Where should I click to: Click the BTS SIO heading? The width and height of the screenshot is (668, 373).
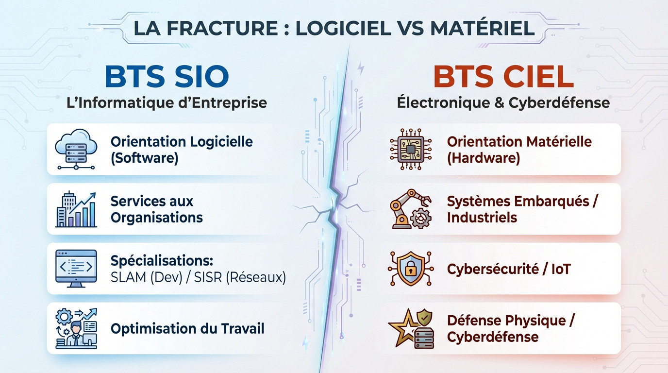167,77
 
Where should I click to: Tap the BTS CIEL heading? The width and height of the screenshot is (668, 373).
503,77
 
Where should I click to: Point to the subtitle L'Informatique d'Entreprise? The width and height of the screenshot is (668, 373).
167,102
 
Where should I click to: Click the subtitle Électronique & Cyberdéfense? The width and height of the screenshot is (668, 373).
503,102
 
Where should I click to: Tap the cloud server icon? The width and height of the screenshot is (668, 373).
76,149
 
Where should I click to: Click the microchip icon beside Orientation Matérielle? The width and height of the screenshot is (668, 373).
407,149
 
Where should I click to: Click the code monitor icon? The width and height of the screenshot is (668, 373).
76,269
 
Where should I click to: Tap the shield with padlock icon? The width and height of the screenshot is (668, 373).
407,269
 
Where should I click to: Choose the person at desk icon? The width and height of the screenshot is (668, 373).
76,328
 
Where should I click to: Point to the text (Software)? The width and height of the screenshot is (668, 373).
144,158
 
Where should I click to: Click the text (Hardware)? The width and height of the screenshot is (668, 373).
483,158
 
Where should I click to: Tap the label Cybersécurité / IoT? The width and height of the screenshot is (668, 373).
508,269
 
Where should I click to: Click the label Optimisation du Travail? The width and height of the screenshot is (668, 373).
187,328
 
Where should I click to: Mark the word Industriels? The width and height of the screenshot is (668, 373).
482,218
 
